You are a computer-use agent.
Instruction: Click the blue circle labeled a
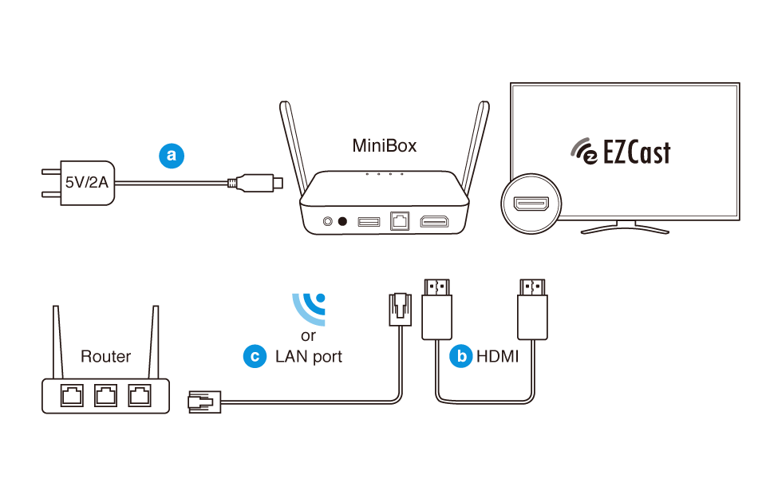tap(172, 156)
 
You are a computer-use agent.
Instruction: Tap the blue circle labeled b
tap(460, 356)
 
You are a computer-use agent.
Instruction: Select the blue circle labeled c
tap(255, 356)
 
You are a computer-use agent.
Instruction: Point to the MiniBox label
tap(385, 146)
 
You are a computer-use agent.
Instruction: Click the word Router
tap(105, 356)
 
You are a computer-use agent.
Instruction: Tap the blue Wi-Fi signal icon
tap(310, 309)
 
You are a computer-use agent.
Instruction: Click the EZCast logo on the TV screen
tap(621, 152)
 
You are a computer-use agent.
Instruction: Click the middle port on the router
tap(105, 395)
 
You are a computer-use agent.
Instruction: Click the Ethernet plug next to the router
tap(201, 402)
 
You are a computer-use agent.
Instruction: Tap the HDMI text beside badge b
tap(497, 357)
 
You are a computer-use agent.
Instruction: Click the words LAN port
tap(309, 357)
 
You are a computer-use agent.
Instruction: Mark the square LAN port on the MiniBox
tap(399, 221)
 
